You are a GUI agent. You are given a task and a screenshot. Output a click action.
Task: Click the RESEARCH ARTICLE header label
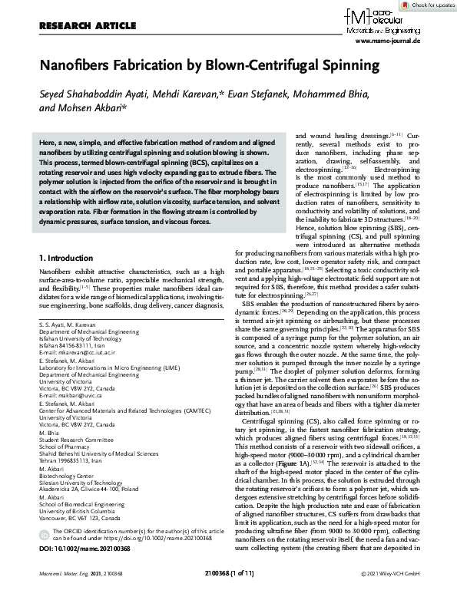pyautogui.click(x=74, y=25)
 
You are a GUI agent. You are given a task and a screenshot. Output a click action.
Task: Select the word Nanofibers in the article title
pyautogui.click(x=75, y=65)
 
